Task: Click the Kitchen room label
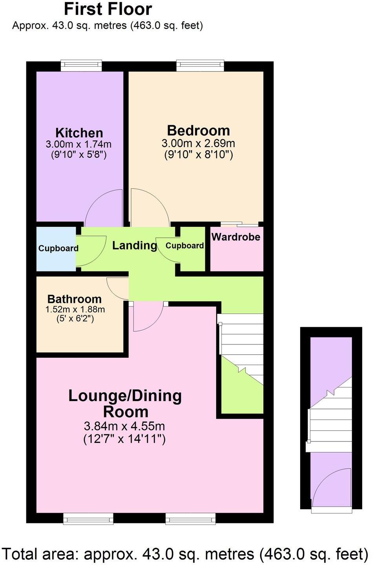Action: [x=79, y=133]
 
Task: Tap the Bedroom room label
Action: [x=198, y=130]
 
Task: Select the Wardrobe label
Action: [x=235, y=237]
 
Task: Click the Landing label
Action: [x=135, y=246]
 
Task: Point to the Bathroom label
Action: [x=74, y=299]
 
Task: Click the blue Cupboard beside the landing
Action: [x=58, y=248]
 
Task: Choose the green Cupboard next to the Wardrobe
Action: [x=184, y=246]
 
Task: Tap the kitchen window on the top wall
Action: [x=81, y=65]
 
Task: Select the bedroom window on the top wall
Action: [x=200, y=65]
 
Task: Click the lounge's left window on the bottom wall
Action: [x=88, y=519]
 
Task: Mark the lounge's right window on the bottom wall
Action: [x=190, y=519]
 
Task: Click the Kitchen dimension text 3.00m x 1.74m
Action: [x=78, y=144]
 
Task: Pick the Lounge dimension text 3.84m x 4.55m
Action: [x=124, y=426]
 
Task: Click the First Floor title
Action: [x=108, y=9]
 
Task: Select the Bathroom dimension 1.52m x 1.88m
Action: [x=75, y=309]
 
